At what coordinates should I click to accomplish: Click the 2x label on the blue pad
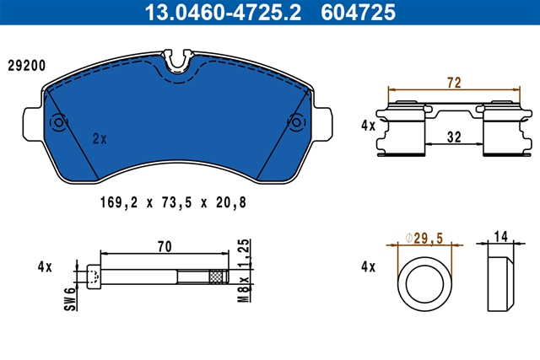99,136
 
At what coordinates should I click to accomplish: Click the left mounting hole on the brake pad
59,123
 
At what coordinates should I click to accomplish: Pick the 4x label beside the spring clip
368,126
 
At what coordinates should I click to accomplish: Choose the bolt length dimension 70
165,247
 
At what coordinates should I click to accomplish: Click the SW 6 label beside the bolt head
71,299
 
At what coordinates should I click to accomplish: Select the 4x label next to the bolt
45,267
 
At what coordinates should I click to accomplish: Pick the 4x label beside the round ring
368,267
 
